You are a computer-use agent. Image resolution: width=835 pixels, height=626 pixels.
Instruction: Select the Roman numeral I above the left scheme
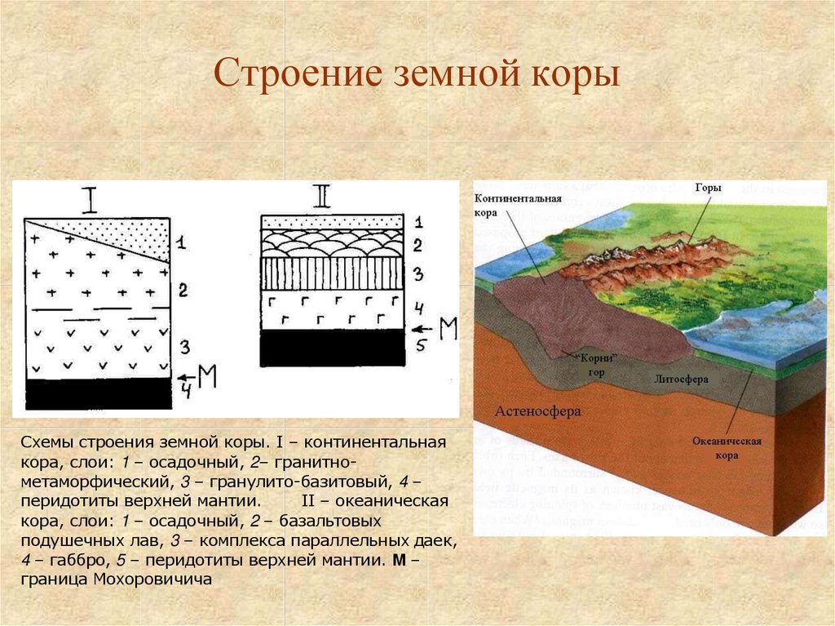pyautogui.click(x=91, y=198)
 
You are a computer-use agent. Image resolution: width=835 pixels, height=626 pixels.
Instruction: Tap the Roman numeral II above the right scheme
pyautogui.click(x=321, y=196)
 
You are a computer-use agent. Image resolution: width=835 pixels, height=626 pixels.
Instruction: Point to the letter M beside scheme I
pyautogui.click(x=207, y=376)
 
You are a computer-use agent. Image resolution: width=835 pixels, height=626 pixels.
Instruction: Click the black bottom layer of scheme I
pyautogui.click(x=99, y=394)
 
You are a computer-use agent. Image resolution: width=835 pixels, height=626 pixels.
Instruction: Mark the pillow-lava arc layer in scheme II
pyautogui.click(x=332, y=242)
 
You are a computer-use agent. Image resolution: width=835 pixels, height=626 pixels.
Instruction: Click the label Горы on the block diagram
pyautogui.click(x=708, y=189)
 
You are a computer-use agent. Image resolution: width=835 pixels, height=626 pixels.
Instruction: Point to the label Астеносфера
pyautogui.click(x=537, y=411)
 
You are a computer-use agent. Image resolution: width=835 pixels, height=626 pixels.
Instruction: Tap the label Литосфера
pyautogui.click(x=681, y=380)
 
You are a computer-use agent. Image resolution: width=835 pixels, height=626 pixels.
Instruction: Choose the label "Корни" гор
pyautogui.click(x=594, y=364)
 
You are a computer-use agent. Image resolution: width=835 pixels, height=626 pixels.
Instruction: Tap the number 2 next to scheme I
pyautogui.click(x=183, y=290)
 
